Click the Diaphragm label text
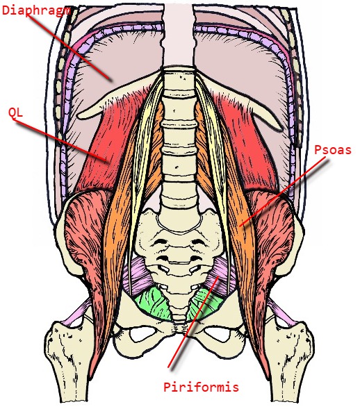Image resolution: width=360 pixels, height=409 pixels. tap(36, 10)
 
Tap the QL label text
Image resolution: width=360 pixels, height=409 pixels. tap(15, 113)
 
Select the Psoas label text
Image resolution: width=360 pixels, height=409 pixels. tap(333, 150)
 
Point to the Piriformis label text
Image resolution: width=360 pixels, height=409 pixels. tap(201, 387)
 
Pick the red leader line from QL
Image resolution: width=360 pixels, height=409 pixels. tap(61, 141)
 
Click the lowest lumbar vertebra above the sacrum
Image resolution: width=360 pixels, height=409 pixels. tap(179, 194)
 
